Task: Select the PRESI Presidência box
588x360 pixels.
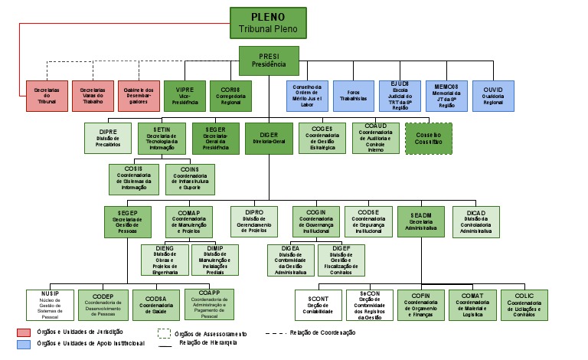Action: [x=269, y=60]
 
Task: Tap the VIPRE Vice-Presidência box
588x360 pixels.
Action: [x=184, y=95]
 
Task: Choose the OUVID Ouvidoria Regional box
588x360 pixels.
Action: [x=493, y=95]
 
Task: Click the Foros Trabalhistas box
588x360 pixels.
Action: [x=354, y=95]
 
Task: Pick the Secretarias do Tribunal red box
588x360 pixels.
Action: [x=47, y=95]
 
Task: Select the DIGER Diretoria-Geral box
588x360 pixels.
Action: [x=269, y=139]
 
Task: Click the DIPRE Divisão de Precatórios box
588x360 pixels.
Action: [x=109, y=139]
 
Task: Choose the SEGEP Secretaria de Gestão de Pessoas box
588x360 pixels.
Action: [x=127, y=221]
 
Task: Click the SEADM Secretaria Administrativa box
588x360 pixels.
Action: [x=420, y=221]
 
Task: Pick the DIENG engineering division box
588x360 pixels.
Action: [x=163, y=260]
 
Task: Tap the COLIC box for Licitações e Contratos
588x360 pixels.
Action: [x=524, y=305]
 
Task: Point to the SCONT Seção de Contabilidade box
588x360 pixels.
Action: [x=318, y=305]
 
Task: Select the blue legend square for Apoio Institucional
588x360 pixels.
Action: [x=24, y=344]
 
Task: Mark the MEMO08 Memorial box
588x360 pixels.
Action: [x=446, y=95]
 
